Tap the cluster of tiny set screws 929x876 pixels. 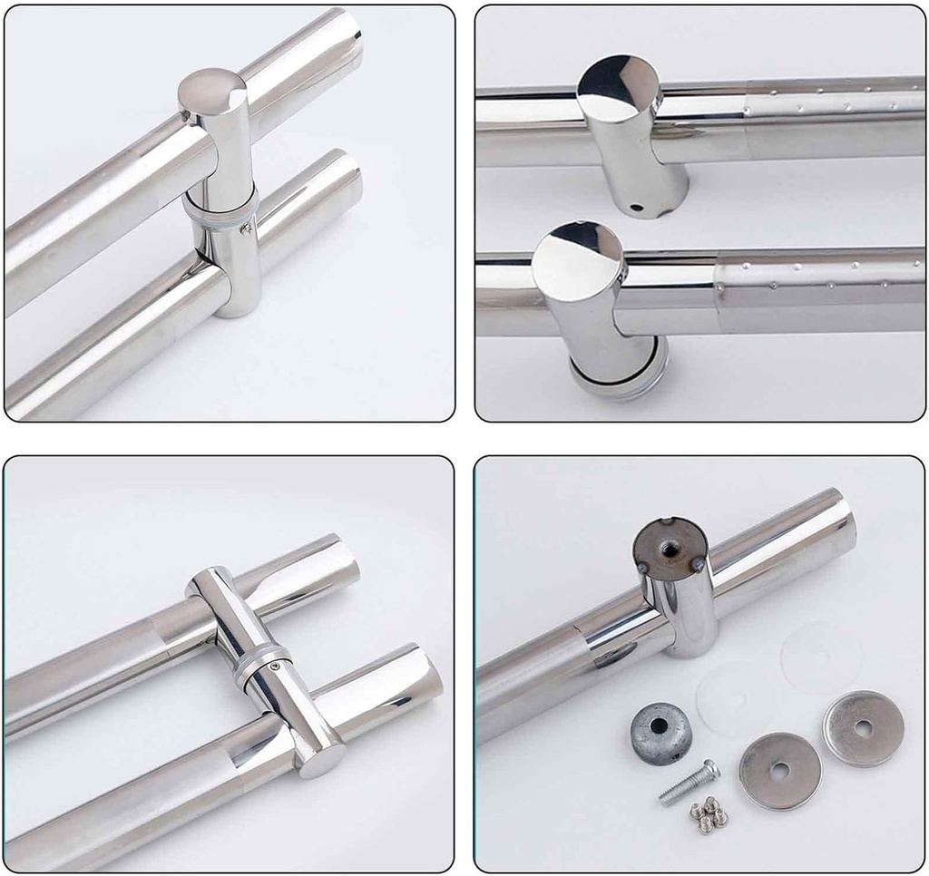(709, 813)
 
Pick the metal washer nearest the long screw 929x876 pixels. (779, 771)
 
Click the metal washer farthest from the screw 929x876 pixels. (863, 728)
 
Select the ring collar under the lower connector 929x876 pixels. (619, 374)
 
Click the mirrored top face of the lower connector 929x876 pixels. (577, 258)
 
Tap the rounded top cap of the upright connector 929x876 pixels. (211, 91)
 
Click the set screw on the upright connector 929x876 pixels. (246, 229)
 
